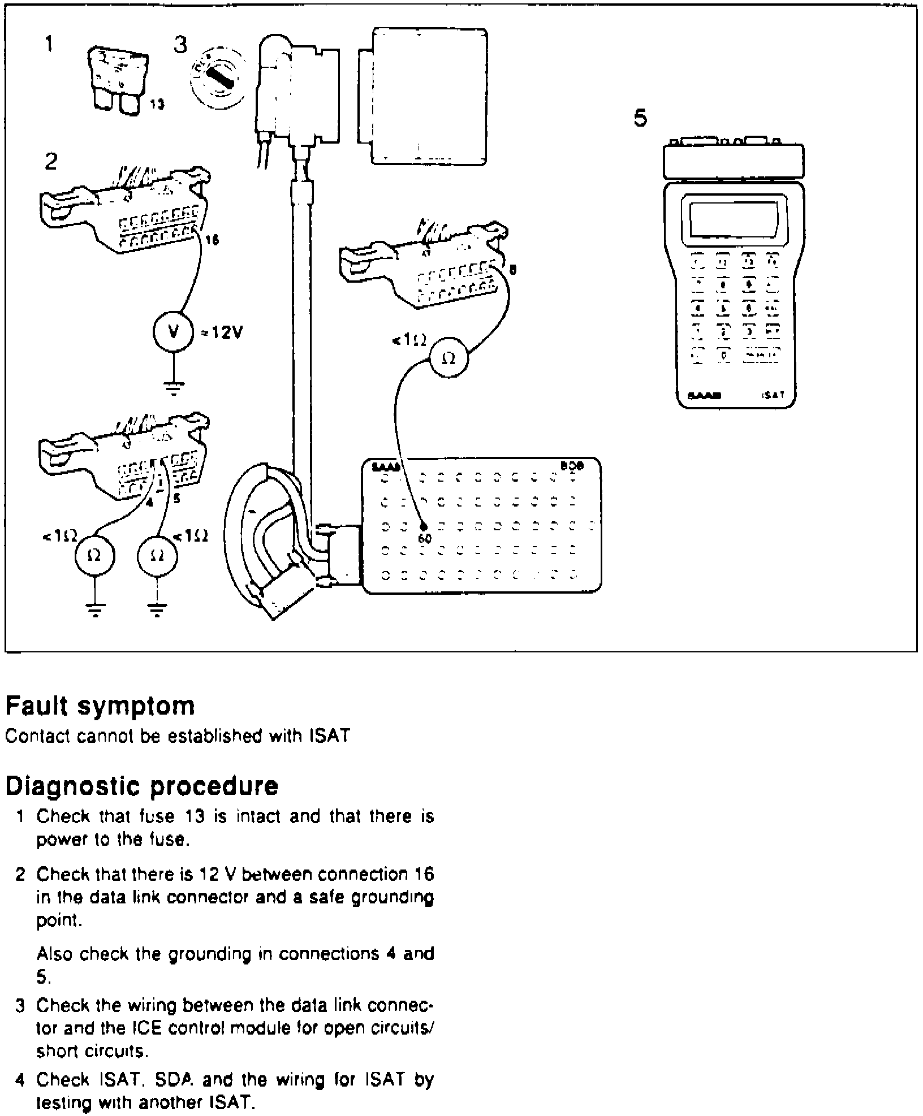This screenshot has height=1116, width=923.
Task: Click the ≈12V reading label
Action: coord(222,333)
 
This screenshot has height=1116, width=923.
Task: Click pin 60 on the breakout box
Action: coord(424,528)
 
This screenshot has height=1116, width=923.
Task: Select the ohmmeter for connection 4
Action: coord(95,556)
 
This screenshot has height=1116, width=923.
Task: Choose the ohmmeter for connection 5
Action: coord(158,556)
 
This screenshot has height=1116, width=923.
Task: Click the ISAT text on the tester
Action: coord(773,395)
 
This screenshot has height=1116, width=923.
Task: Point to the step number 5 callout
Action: coord(640,119)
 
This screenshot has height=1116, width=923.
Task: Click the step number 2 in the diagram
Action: coord(51,162)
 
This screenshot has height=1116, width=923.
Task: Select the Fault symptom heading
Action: coord(100,706)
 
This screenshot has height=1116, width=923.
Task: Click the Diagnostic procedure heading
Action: coord(142,786)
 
